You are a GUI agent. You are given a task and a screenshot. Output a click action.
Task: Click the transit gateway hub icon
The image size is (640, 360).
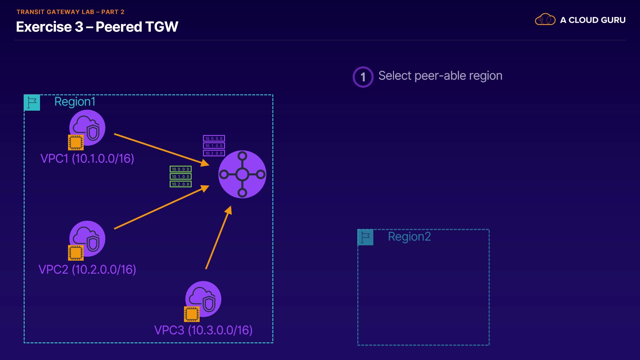(242, 174)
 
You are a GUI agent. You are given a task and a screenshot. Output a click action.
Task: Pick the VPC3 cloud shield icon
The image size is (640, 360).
(204, 299)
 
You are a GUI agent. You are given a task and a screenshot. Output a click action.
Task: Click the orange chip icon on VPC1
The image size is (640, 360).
(76, 143)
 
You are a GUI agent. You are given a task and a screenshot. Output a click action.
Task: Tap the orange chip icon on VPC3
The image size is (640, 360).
(192, 314)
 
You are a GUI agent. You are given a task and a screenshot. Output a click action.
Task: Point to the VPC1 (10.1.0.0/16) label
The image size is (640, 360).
(87, 158)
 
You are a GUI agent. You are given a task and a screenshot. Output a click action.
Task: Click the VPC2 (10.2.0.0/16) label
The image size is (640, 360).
(87, 269)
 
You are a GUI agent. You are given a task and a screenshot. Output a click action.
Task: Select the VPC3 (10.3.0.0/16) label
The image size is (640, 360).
(203, 330)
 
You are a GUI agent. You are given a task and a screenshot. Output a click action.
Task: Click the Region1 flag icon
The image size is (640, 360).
(32, 103)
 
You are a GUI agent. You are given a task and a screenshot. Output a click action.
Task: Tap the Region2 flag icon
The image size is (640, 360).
(365, 237)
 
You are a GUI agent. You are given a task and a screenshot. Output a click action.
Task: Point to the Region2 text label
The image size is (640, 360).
(409, 237)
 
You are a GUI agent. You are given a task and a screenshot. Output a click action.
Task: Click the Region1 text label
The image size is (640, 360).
(75, 102)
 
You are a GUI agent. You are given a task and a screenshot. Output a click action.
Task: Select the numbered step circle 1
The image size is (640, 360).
(363, 77)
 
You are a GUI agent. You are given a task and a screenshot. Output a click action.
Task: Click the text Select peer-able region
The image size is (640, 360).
(440, 76)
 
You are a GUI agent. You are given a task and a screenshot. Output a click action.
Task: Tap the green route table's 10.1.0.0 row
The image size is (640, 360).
(181, 177)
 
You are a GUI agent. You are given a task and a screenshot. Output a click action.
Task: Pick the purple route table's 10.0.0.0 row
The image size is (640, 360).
(214, 138)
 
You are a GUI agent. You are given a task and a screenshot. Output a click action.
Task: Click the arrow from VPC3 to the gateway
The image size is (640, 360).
(218, 238)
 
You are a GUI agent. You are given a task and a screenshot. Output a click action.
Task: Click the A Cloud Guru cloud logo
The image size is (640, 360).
(545, 20)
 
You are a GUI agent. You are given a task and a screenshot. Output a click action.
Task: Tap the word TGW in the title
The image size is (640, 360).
(162, 27)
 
